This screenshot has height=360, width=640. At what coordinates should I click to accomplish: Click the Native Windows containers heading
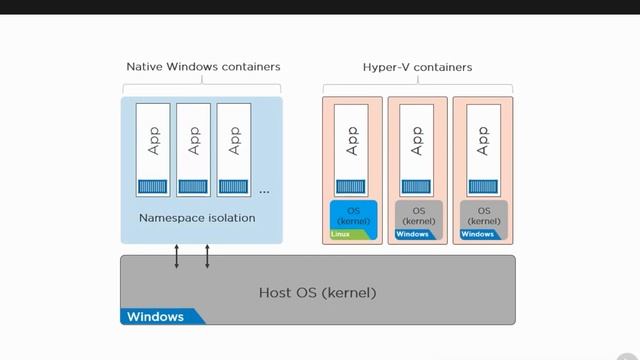click(203, 67)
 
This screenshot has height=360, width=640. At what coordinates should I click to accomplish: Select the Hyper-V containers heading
click(417, 67)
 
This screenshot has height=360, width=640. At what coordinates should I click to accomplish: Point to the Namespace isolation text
click(197, 217)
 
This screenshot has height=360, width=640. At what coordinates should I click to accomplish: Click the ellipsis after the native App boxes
click(264, 190)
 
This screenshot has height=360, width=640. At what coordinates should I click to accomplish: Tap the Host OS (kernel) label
click(317, 293)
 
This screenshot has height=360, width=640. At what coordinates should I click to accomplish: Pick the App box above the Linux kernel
click(350, 146)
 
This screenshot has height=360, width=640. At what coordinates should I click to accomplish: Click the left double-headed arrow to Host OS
click(177, 256)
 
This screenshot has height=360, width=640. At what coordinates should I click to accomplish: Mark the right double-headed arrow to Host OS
click(207, 256)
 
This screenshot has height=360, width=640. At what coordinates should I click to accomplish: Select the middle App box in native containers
click(194, 146)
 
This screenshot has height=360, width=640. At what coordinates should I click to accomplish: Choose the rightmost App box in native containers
click(235, 146)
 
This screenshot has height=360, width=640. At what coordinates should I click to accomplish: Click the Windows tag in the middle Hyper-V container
click(412, 235)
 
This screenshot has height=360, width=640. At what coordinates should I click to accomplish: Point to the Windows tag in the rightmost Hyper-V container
click(478, 235)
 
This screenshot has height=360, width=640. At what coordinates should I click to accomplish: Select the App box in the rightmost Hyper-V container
click(484, 146)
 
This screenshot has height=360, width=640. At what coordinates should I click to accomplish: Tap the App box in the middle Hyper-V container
click(417, 146)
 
